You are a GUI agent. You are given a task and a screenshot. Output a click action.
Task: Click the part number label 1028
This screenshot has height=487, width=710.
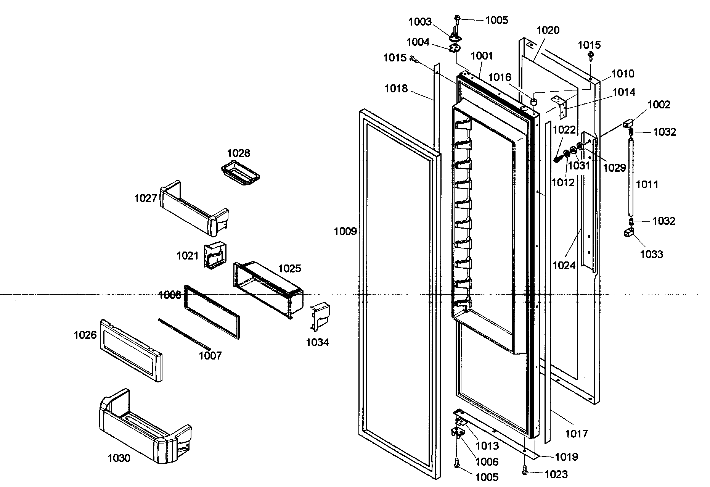tap(238, 153)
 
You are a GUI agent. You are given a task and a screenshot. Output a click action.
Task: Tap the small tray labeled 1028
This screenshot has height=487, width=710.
tap(241, 176)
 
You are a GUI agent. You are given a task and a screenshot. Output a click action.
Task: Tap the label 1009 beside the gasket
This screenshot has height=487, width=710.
tap(345, 231)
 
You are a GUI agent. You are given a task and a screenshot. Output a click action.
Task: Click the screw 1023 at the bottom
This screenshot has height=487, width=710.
tap(525, 472)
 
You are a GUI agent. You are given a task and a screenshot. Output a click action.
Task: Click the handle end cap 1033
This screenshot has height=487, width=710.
tap(629, 232)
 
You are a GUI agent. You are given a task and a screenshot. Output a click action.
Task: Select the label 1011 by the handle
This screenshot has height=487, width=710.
tap(647, 185)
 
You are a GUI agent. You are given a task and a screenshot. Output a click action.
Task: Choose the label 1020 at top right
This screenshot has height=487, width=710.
tap(548, 30)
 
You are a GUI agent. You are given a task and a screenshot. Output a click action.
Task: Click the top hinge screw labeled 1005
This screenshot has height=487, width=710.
tap(457, 18)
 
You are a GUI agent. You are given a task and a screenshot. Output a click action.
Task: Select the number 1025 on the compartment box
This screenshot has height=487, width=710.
tap(289, 268)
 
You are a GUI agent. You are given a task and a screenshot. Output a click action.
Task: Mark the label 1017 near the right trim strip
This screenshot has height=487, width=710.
tap(577, 433)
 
